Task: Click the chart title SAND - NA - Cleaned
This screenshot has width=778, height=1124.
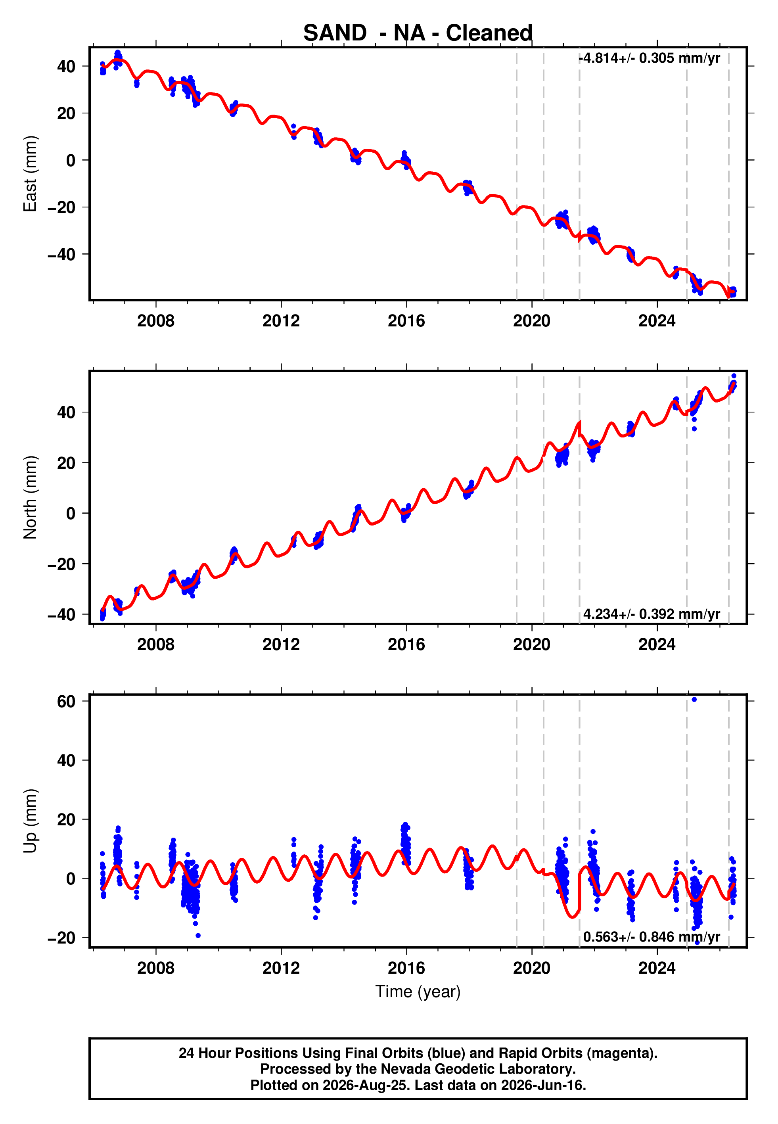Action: pos(418,33)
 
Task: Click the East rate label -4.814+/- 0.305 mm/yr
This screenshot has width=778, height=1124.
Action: pos(649,58)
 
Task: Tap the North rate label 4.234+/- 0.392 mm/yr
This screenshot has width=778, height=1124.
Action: pos(652,614)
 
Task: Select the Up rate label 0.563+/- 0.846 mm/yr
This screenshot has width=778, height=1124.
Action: pos(652,937)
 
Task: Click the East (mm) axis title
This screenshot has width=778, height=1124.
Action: pos(30,174)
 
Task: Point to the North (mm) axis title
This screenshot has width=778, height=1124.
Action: pos(30,497)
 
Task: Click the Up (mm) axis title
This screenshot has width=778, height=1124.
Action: pos(30,821)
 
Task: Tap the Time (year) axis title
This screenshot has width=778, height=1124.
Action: pos(418,992)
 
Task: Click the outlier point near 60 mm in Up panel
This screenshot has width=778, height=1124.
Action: pos(694,700)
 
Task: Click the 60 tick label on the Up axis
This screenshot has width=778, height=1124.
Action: pos(66,701)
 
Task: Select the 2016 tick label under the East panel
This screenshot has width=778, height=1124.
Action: pos(406,321)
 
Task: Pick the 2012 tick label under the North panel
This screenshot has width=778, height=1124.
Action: pos(281,644)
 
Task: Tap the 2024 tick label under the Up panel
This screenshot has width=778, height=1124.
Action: pos(657,968)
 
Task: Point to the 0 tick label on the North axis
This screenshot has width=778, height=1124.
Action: pos(71,513)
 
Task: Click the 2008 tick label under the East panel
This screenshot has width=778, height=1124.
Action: pos(155,321)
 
